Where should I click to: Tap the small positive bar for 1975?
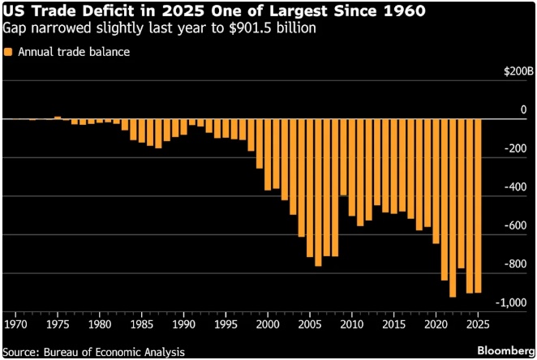pyautogui.click(x=58, y=118)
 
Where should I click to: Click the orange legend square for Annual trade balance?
pyautogui.click(x=8, y=52)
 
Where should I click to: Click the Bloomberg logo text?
pyautogui.click(x=502, y=351)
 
